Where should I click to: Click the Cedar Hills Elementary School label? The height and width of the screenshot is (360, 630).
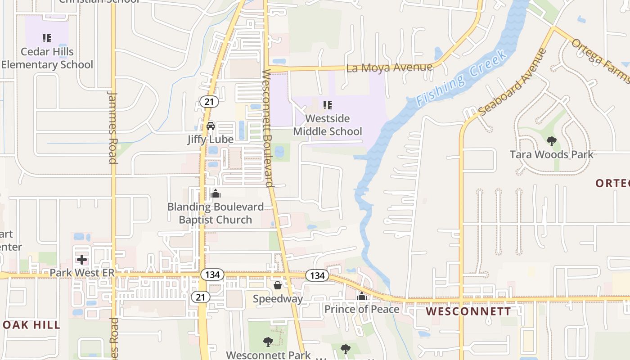[x=47, y=58]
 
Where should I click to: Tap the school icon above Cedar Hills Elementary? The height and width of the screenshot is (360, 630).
[x=47, y=38]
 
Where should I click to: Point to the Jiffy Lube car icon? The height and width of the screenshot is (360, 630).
[x=211, y=126]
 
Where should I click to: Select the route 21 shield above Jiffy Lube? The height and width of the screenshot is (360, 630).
[x=209, y=102]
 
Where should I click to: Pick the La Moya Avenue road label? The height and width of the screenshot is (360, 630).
[x=389, y=68]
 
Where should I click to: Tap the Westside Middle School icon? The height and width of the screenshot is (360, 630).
[x=328, y=105]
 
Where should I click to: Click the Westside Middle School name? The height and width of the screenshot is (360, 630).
[x=328, y=125]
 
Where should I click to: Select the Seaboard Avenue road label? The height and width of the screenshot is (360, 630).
[x=513, y=82]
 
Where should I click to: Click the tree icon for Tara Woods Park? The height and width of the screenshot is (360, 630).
[x=551, y=141]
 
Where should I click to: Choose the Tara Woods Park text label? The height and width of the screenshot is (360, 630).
[x=551, y=155]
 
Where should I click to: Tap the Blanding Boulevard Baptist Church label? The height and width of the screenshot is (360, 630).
[x=216, y=213]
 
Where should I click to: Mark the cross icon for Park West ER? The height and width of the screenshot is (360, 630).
[x=82, y=260]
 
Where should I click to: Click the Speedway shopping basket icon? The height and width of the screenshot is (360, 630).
[x=278, y=285]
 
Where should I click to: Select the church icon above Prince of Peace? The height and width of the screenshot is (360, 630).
[x=362, y=296]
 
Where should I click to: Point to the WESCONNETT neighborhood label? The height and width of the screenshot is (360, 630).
[x=468, y=311]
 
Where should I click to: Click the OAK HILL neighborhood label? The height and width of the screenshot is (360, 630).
[x=31, y=325]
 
